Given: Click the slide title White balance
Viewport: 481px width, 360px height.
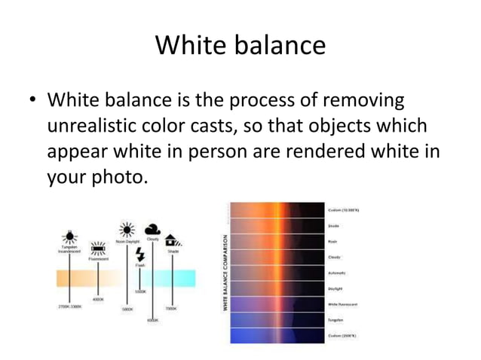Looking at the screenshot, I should [x=240, y=45].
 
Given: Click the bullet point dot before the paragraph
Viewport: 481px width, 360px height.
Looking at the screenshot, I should [x=31, y=100].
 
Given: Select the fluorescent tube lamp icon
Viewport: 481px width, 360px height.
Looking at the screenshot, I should [x=98, y=247].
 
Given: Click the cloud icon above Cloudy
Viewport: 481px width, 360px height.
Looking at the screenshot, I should [x=153, y=229].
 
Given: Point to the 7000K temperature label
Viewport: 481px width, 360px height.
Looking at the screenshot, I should [x=171, y=308].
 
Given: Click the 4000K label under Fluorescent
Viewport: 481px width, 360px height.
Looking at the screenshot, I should [x=98, y=299].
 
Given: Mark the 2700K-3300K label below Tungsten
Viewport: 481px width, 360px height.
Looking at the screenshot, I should [x=69, y=307].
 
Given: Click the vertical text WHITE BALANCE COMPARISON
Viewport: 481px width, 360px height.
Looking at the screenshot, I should [x=225, y=272].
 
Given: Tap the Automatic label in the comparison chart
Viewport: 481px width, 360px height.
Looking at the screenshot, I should [x=337, y=273].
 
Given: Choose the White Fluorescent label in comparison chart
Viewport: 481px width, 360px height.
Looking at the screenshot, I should [x=343, y=304].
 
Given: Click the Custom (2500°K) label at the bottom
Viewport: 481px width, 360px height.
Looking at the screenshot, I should [x=343, y=336].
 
